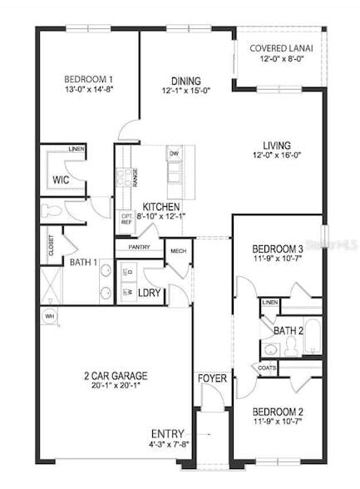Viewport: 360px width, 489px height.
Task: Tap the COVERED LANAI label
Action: tap(281, 47)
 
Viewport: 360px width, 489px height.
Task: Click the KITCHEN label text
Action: tap(162, 206)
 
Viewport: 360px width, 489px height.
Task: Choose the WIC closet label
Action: tap(61, 180)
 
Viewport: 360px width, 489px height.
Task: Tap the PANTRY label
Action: tap(138, 247)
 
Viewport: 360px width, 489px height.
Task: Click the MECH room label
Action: tap(178, 251)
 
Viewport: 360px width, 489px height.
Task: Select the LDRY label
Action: tap(150, 292)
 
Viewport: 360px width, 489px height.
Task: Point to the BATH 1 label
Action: tap(83, 263)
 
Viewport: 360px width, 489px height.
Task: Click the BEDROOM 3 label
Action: tap(277, 248)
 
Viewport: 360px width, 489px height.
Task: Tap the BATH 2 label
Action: tap(288, 331)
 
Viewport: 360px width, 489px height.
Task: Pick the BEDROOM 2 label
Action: tap(277, 412)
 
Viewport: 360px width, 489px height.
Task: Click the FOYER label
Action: tap(212, 378)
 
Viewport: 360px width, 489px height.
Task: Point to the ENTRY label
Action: tap(168, 433)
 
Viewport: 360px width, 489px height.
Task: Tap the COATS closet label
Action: tap(268, 367)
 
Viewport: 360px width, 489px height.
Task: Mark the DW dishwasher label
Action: tap(174, 154)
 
